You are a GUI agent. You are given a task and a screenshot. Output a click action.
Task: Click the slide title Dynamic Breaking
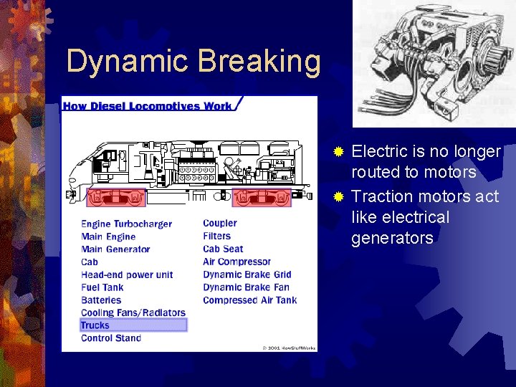point(193,62)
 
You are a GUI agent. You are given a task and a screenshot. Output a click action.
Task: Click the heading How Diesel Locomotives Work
point(148,106)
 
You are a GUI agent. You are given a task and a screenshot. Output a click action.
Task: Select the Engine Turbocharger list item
point(126,224)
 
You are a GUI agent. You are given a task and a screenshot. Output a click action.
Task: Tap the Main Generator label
point(115,249)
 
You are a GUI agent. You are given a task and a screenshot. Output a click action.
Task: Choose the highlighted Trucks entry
point(95,325)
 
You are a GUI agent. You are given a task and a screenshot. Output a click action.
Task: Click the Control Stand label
point(111,338)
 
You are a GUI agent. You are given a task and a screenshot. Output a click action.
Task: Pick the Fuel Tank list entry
point(102,287)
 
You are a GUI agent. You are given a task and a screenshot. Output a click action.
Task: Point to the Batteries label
point(102,300)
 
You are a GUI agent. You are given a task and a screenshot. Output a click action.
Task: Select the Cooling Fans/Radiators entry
point(133,312)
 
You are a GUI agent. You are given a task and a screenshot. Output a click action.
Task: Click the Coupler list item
point(219,224)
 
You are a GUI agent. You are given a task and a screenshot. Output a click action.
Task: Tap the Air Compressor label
point(236,262)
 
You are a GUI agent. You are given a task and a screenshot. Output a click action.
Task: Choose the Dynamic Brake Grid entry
point(247,274)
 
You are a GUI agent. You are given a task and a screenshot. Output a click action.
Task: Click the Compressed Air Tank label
point(249,300)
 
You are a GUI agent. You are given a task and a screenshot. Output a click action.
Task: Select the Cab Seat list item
point(223,249)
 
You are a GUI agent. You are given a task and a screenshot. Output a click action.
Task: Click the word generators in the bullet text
point(392,238)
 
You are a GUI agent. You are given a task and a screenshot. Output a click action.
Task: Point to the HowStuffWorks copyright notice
point(289,347)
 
